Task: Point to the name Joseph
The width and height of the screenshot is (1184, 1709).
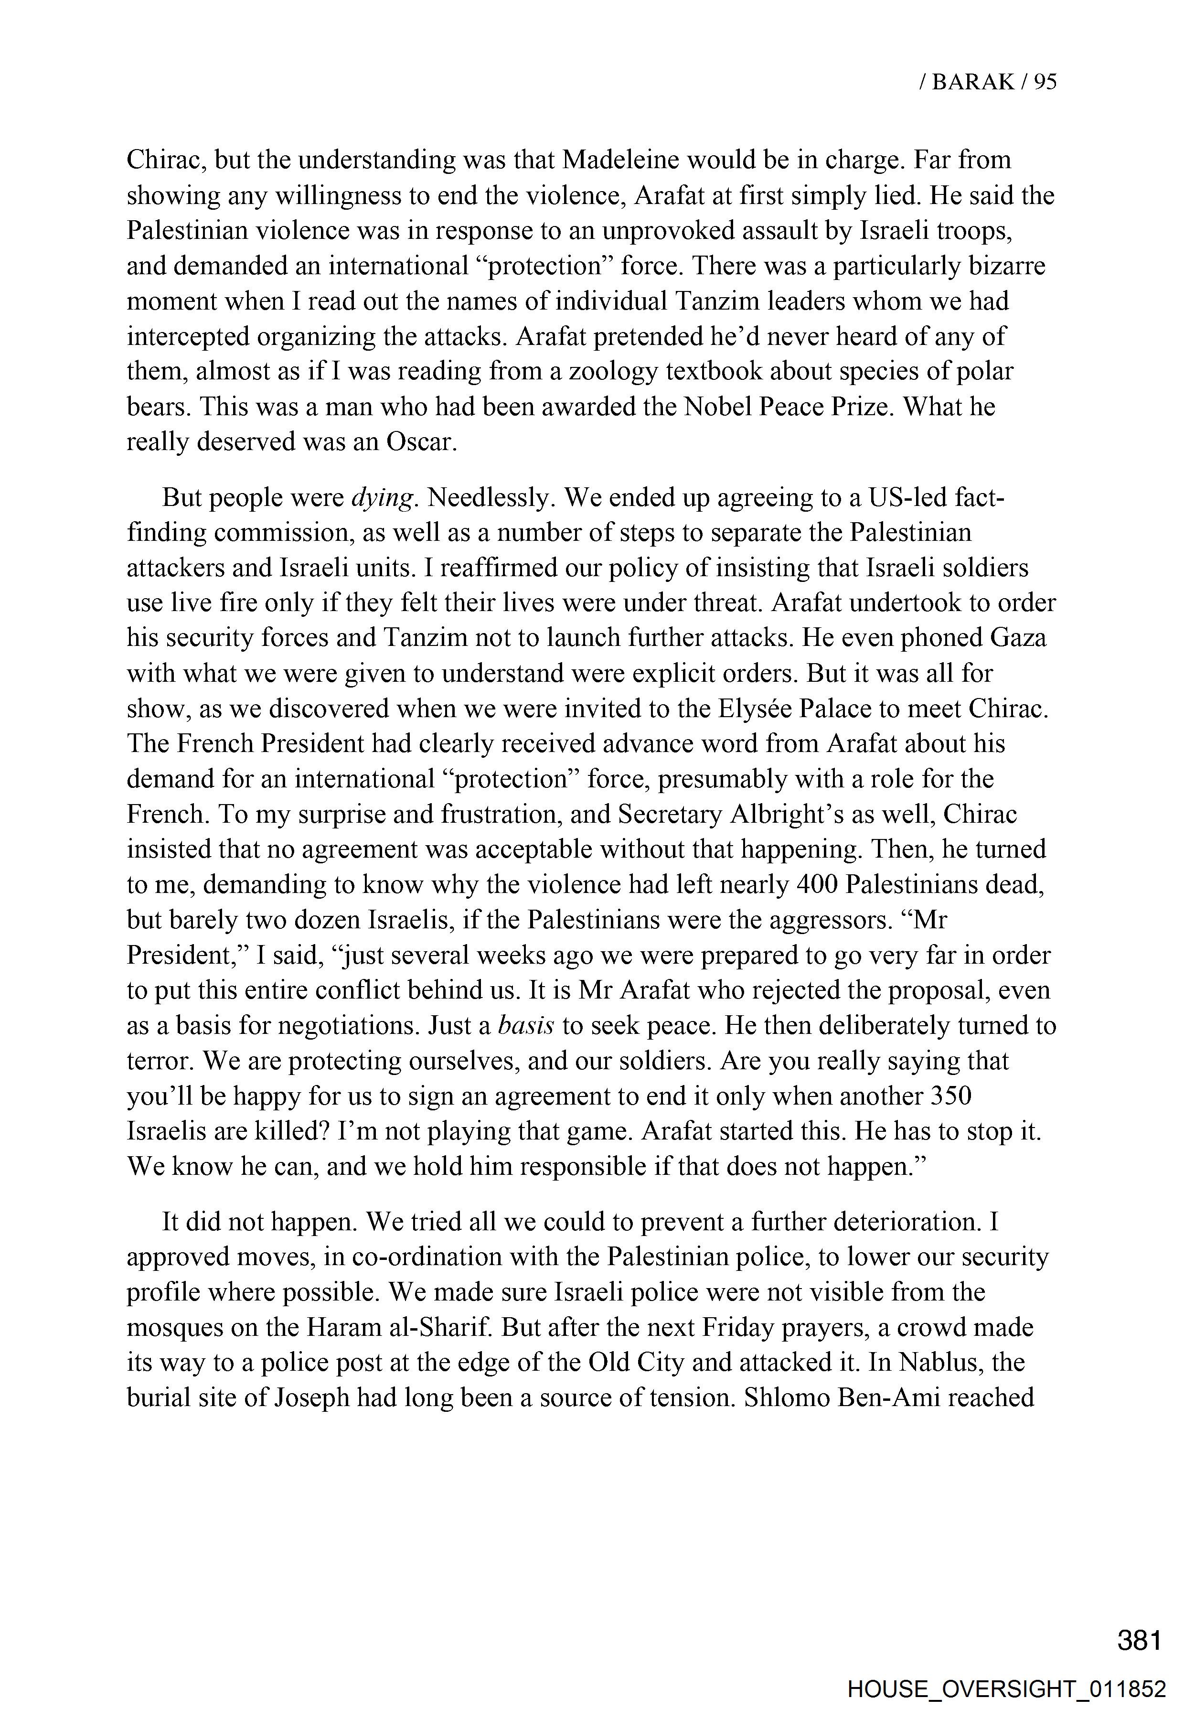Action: pyautogui.click(x=312, y=1398)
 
